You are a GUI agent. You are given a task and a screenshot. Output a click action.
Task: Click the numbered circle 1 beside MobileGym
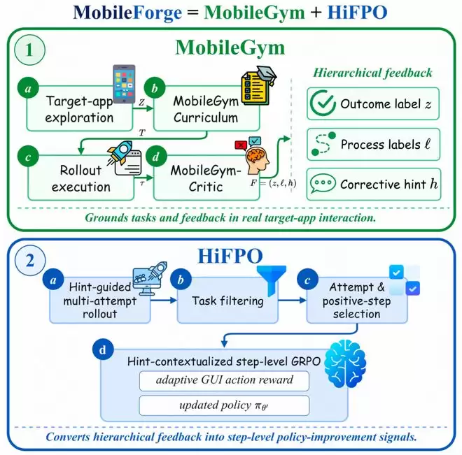pos(30,50)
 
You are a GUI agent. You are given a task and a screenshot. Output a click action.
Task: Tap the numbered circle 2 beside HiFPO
pos(30,260)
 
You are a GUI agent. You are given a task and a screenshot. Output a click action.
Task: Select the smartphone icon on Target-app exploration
pos(124,84)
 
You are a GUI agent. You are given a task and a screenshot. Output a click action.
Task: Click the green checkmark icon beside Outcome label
pos(323,103)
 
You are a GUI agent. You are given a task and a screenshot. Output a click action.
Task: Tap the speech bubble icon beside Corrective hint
pos(323,183)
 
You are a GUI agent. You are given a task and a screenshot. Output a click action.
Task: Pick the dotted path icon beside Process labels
pos(323,143)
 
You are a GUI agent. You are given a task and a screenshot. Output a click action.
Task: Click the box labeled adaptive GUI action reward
pos(224,381)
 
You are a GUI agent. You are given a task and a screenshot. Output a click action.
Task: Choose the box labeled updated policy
pos(224,405)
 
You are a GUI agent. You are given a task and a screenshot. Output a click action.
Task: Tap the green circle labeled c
pos(28,156)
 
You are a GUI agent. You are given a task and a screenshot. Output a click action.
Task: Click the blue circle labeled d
pos(103,349)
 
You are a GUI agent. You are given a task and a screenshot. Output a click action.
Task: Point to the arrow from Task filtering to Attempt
pos(292,301)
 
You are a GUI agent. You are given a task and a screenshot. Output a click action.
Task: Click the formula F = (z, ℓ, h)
pos(273,183)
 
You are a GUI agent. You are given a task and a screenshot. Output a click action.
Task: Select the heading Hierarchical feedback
pos(372,73)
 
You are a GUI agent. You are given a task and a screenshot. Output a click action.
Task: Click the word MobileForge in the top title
pos(127,13)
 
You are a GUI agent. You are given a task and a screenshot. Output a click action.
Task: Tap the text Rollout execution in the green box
pos(80,178)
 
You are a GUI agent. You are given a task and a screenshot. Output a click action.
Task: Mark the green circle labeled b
pos(155,88)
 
